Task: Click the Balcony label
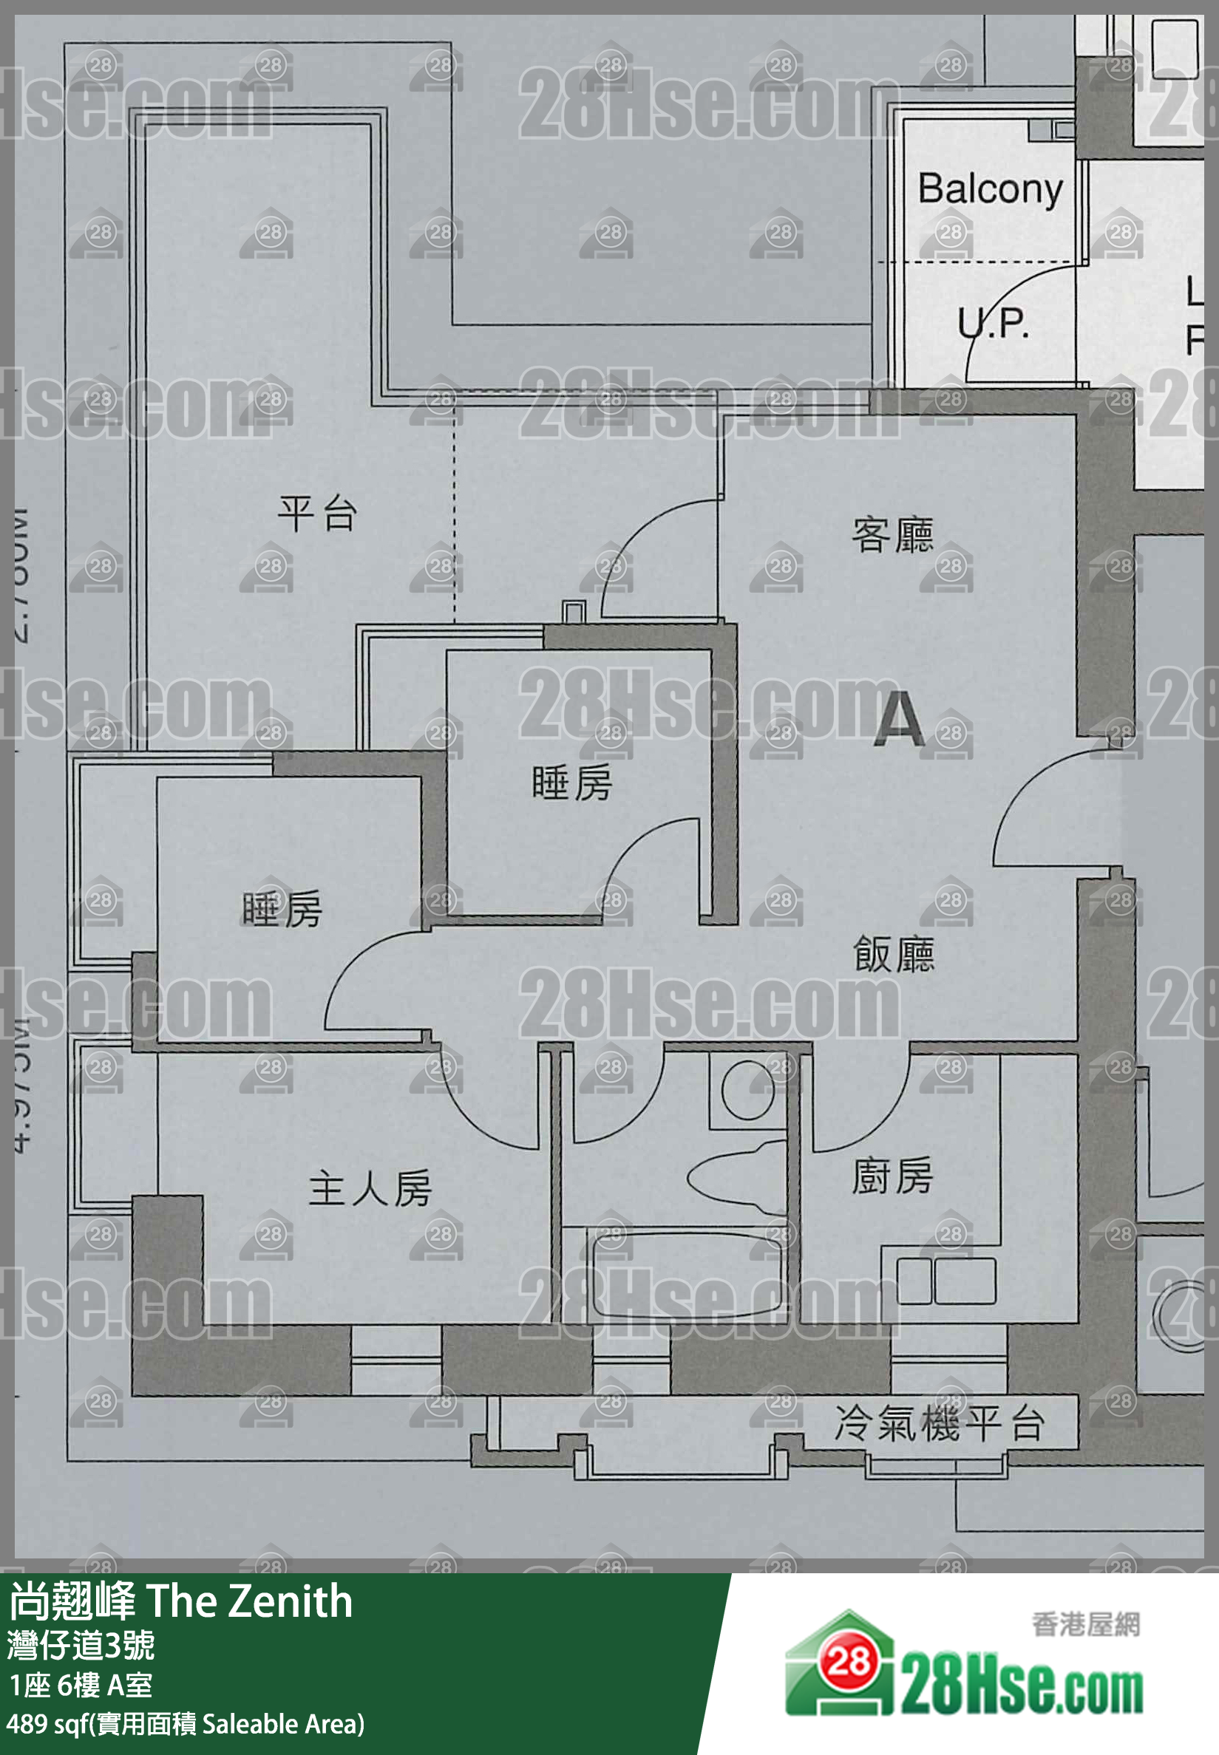(x=990, y=189)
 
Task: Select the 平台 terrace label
(x=317, y=513)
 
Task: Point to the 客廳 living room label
(x=892, y=534)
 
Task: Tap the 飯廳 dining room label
(x=893, y=954)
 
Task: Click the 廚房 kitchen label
(x=892, y=1176)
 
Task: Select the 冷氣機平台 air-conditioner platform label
(x=939, y=1424)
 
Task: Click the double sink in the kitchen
(x=945, y=1281)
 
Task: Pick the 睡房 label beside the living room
(x=572, y=783)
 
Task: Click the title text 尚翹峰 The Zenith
(x=181, y=1601)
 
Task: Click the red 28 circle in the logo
(x=848, y=1660)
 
